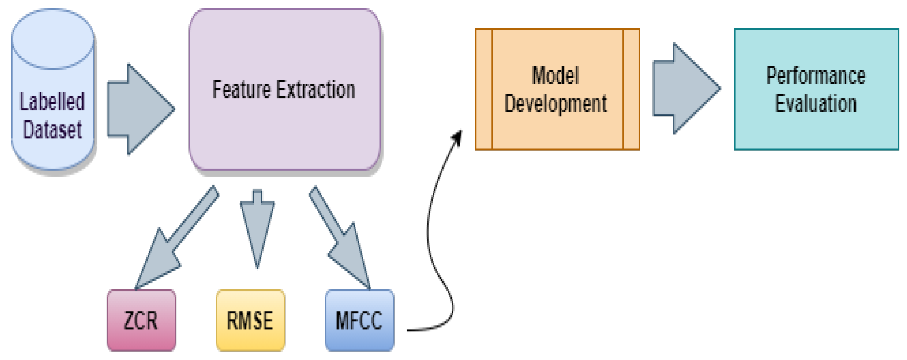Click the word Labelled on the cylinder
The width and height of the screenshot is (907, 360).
tap(52, 102)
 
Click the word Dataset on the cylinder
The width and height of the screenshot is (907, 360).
tap(52, 130)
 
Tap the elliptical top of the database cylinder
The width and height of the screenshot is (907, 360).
tap(53, 39)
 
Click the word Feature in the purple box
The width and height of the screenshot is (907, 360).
tap(241, 90)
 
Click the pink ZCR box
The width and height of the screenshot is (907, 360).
tap(141, 320)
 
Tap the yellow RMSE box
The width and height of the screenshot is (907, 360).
tap(250, 320)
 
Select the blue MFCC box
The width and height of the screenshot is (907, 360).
tap(359, 320)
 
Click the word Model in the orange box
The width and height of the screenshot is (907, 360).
tap(555, 76)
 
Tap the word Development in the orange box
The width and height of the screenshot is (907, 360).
tap(555, 104)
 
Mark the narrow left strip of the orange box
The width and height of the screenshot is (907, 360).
tap(484, 89)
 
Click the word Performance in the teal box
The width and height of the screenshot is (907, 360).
tap(816, 76)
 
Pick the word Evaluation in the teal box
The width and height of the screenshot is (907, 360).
tap(816, 104)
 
